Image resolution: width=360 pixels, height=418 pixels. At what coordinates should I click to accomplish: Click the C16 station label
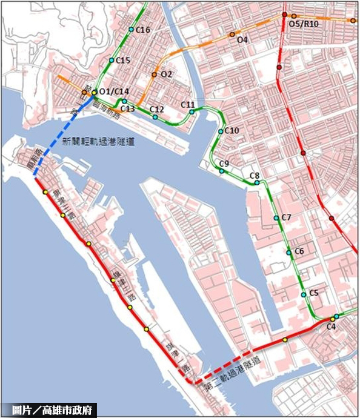(144, 30)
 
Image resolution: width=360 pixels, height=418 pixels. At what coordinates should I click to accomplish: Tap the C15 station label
(123, 60)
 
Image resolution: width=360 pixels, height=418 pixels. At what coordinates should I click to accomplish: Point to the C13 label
(128, 108)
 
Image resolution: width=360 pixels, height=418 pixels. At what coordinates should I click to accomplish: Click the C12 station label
(157, 109)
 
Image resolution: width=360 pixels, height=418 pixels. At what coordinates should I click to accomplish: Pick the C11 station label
(188, 105)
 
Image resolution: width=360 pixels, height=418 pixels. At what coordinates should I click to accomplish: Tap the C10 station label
(232, 130)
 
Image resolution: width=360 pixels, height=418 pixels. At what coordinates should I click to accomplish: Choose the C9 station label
(224, 164)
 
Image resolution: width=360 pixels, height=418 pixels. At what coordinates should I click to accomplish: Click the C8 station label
(255, 176)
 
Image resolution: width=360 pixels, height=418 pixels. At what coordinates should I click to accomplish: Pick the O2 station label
(167, 75)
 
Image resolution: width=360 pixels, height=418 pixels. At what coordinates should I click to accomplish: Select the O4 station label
(243, 40)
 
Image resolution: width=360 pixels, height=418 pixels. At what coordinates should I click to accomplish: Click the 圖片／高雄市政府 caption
(50, 410)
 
